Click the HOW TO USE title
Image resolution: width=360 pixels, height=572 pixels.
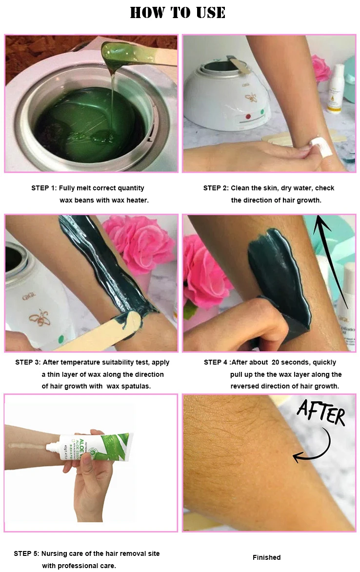point(178,13)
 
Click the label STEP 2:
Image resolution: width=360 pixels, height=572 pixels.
point(216,188)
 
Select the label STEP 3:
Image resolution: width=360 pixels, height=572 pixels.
point(28,362)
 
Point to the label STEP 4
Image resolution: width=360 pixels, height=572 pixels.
point(215,362)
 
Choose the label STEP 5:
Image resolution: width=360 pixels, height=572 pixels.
point(26,553)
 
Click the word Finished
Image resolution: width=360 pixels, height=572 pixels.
point(266,557)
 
